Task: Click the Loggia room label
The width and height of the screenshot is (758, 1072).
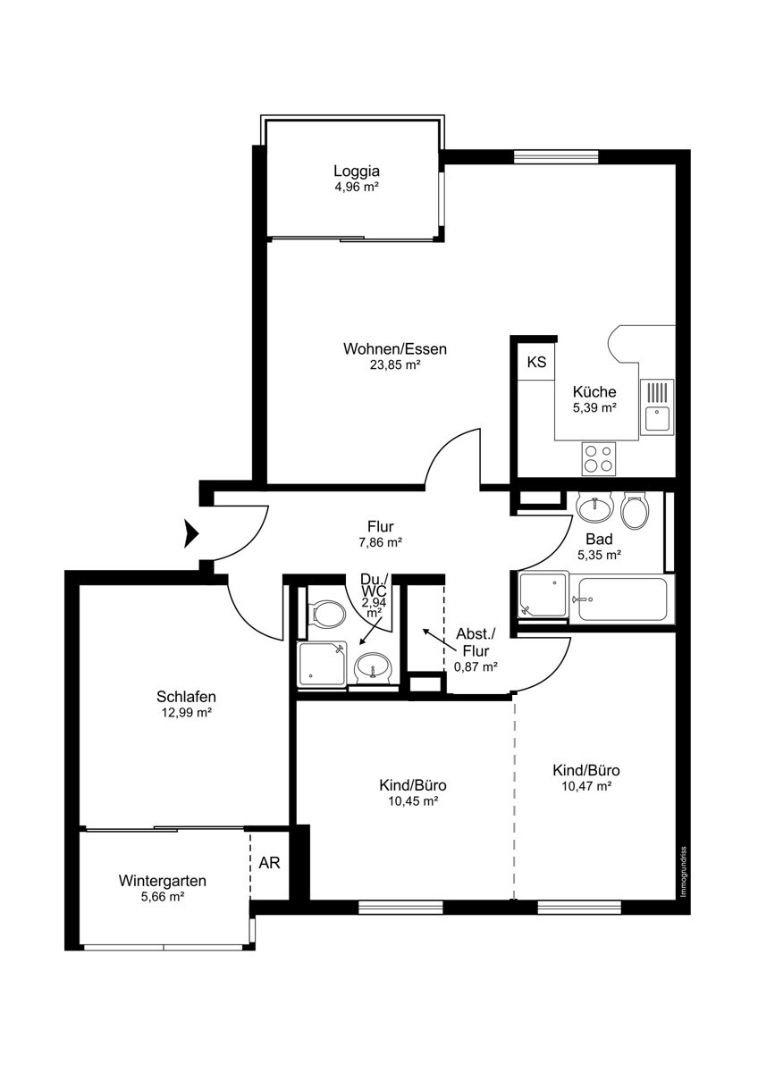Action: click(x=357, y=171)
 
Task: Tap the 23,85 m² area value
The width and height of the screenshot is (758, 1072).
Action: click(x=395, y=365)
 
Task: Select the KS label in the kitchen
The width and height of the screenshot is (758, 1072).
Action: click(x=536, y=362)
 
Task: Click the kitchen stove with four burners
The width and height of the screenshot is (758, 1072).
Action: click(x=599, y=459)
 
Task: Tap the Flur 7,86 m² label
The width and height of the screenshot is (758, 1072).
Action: click(x=381, y=534)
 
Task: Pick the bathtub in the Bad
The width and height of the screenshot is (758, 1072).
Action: click(x=622, y=599)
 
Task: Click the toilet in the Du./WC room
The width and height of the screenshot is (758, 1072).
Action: click(x=327, y=614)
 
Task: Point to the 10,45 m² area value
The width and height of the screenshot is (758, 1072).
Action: click(x=414, y=801)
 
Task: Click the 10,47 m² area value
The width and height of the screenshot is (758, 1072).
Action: click(x=587, y=786)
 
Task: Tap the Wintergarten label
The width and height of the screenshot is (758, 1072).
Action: click(x=163, y=881)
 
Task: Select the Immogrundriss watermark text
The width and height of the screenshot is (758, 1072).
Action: click(x=685, y=872)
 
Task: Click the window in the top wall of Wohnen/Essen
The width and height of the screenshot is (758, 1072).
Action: click(x=556, y=157)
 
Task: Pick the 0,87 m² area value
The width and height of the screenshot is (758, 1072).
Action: click(x=475, y=666)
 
